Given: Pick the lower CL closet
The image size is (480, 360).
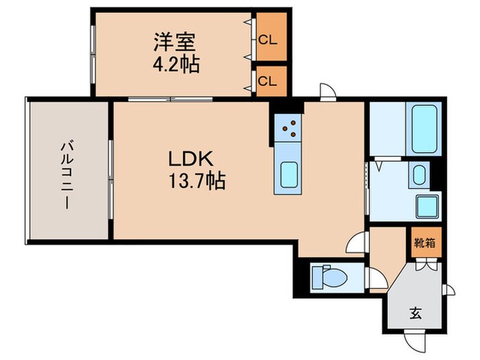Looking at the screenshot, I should [x=267, y=80].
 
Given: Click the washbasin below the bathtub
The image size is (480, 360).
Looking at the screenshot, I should [x=418, y=175].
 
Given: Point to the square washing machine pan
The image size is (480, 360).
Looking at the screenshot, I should [x=427, y=204].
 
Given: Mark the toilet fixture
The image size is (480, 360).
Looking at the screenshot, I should [x=327, y=277].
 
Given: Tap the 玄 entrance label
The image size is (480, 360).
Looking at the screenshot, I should [x=416, y=313].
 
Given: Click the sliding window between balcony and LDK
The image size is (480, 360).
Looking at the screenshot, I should [x=110, y=180].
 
